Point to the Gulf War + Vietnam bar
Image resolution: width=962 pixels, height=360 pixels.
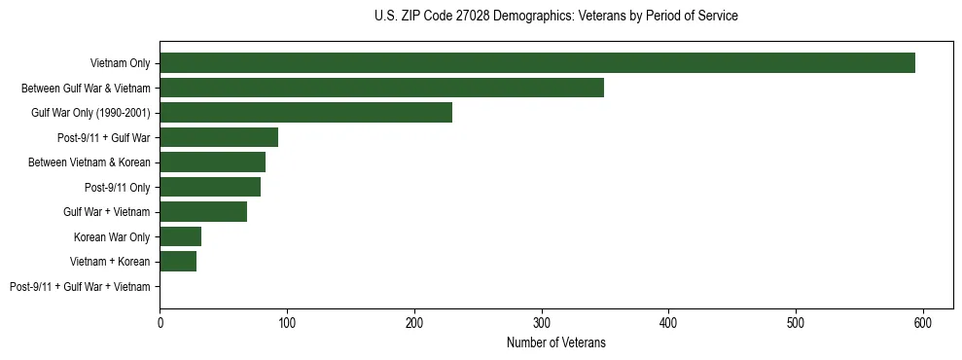click(x=203, y=212)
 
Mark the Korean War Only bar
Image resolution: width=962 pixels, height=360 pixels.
click(x=180, y=236)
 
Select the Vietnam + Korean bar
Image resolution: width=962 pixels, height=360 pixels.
click(x=178, y=262)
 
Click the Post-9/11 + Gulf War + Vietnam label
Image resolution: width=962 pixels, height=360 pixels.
click(x=80, y=287)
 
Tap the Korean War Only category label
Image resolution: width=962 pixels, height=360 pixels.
click(x=112, y=237)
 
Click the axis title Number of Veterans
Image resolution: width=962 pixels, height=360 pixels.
click(x=555, y=342)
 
